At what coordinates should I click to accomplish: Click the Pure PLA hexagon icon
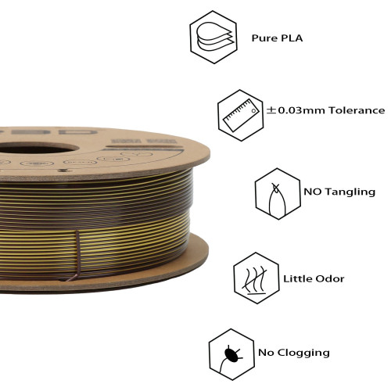coord(213,37)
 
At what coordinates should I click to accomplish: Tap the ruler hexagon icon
coord(241,115)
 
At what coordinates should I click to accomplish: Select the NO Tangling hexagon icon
coord(278,194)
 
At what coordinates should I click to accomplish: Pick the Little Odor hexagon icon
coord(256,278)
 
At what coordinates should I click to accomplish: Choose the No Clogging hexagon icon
coord(231,354)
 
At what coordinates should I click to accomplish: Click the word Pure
coord(264,38)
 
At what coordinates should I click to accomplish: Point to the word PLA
coord(292,38)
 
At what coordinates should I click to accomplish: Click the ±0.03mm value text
coord(296,110)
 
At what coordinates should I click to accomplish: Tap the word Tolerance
coord(357,110)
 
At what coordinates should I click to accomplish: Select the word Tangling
coord(350,192)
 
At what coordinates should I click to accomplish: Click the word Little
coord(297,278)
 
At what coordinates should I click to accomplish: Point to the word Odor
coord(329,279)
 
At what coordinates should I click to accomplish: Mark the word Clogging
coord(303,353)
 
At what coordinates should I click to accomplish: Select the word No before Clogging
coord(266,353)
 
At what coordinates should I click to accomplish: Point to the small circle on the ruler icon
coord(253,111)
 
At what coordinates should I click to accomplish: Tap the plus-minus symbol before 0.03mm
coord(271,110)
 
